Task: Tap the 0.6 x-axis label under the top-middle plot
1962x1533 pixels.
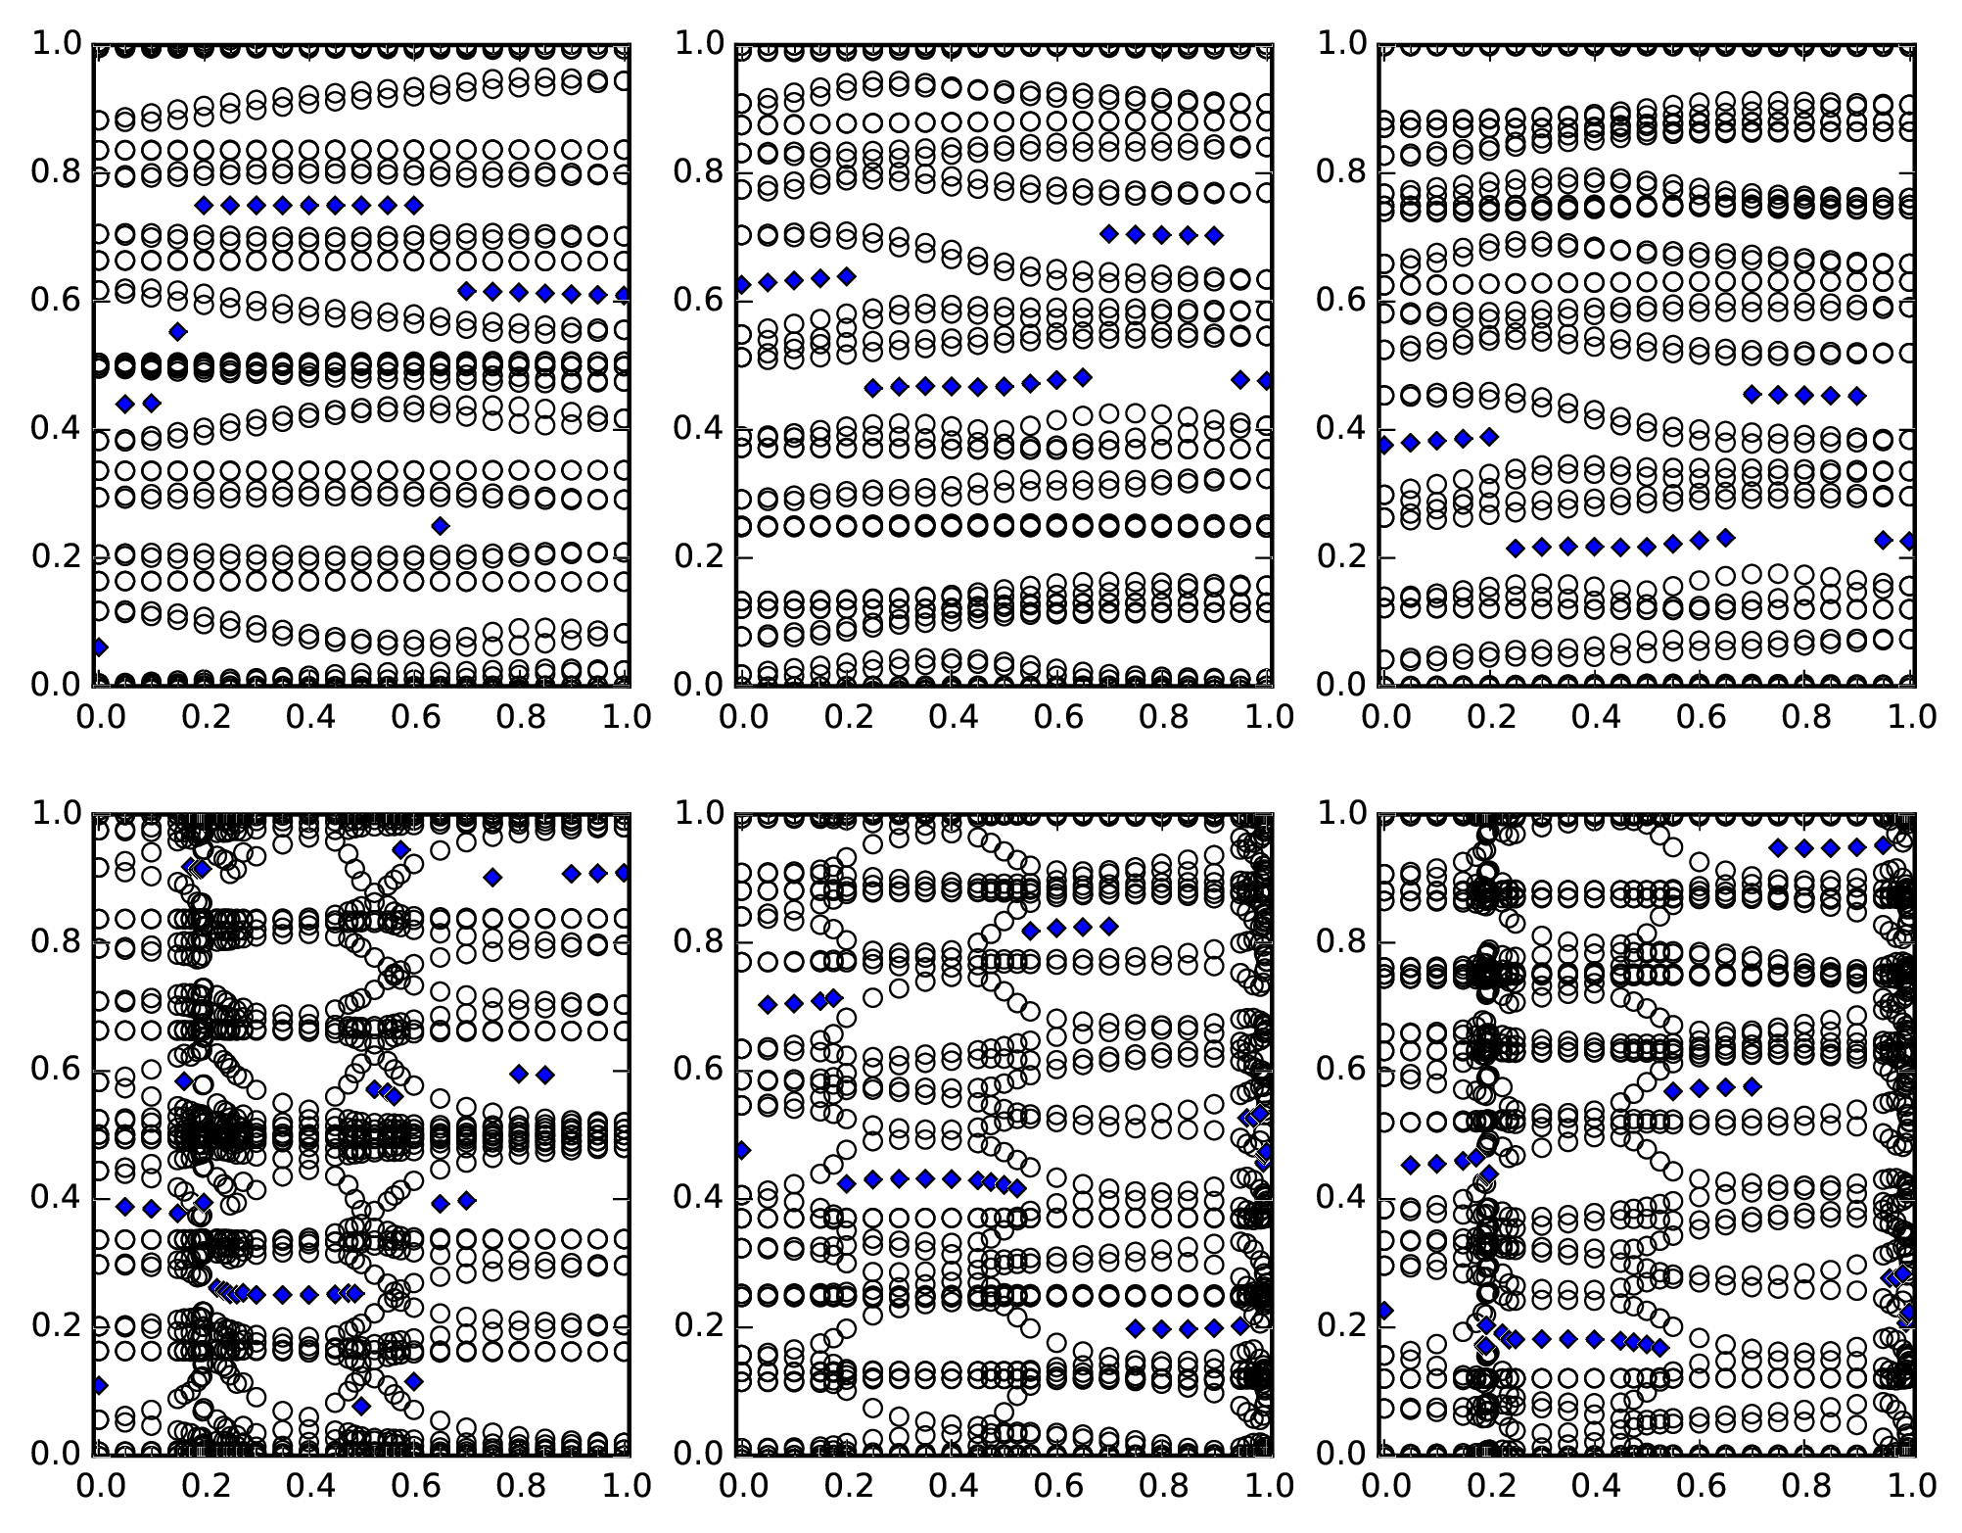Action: pos(1056,717)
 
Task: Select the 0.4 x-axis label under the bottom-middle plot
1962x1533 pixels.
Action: pos(951,1486)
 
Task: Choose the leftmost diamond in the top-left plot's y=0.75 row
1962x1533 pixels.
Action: pos(204,205)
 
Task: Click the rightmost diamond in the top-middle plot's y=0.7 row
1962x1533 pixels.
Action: pos(1214,235)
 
